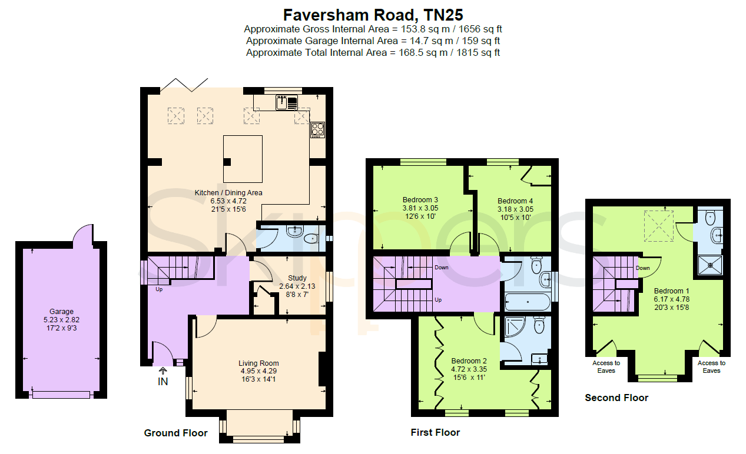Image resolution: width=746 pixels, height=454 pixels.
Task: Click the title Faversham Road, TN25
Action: [373, 15]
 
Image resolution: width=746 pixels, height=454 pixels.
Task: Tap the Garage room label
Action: [62, 312]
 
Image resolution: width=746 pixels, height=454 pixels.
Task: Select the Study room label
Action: [297, 278]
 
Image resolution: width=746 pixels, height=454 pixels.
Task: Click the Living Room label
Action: [258, 363]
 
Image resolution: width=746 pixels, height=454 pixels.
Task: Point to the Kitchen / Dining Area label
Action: [228, 192]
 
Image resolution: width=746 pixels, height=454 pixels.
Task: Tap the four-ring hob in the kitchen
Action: [317, 130]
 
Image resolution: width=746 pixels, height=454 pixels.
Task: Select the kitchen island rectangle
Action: [243, 159]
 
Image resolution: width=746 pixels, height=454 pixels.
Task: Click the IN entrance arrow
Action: [163, 370]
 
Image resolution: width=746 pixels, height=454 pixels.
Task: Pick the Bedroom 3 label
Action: [420, 200]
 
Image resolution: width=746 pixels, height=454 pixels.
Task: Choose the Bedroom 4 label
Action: [515, 201]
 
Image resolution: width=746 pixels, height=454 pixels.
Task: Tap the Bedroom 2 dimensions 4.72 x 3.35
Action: [469, 369]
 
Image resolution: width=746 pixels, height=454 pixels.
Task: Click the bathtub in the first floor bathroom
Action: [528, 302]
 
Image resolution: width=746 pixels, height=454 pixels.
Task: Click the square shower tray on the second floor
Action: [710, 265]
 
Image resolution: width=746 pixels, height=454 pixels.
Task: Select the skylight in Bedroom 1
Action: [659, 226]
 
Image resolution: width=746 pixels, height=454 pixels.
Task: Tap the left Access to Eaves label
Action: [606, 367]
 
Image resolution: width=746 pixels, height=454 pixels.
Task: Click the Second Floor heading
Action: [616, 398]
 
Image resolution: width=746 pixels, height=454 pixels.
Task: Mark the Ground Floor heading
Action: [175, 433]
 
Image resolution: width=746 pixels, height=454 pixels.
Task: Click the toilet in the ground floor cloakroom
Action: [311, 238]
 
